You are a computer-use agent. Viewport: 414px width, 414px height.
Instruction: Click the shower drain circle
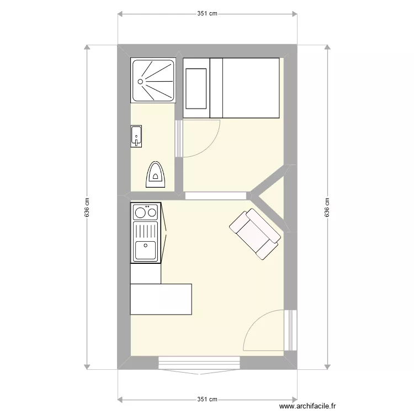point(140,81)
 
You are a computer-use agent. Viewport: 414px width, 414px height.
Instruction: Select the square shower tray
point(153,81)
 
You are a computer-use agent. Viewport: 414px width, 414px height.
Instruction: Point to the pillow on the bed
point(196,88)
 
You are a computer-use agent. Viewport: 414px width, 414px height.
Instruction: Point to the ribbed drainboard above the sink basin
point(146,230)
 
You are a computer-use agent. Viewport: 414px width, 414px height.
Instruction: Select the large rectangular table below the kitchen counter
point(161,299)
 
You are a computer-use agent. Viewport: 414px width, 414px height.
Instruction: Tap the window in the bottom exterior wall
point(200,363)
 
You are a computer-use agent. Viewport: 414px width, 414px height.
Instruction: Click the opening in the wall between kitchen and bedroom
point(216,195)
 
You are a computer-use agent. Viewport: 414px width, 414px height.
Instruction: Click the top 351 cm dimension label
point(207,14)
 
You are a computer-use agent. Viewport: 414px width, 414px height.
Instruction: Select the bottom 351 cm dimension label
point(207,400)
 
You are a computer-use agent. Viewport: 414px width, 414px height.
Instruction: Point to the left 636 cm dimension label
point(87,208)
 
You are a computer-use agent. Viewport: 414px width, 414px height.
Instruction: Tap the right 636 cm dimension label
point(327,208)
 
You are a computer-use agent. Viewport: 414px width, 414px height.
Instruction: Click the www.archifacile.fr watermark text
point(307,406)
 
